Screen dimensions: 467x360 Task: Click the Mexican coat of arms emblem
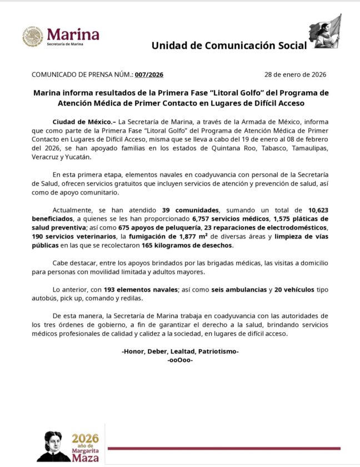pos(32,37)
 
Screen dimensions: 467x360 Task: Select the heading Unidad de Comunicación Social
pos(228,46)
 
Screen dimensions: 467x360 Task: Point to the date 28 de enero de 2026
pos(295,74)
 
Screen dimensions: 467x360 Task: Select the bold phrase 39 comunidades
pos(191,210)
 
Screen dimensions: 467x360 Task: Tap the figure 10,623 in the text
pos(323,210)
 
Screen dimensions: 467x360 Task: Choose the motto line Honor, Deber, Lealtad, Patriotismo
pos(180,351)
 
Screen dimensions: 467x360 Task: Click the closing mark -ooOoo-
pos(180,360)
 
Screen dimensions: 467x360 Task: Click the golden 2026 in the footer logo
pos(86,438)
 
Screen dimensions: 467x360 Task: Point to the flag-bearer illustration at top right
pos(325,33)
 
